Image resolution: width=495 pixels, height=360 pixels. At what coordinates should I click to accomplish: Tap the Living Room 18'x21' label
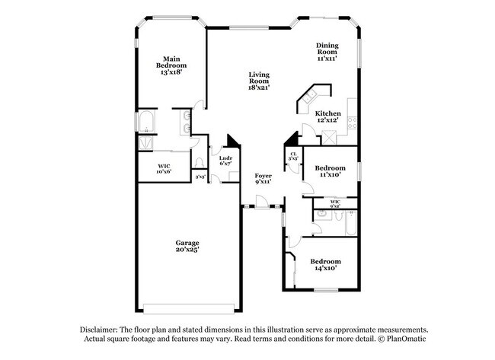(x=259, y=81)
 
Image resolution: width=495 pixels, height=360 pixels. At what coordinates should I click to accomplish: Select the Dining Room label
(x=327, y=51)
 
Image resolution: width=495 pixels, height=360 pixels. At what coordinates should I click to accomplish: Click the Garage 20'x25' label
(x=187, y=246)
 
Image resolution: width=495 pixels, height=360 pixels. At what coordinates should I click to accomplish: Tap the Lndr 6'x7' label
(x=225, y=160)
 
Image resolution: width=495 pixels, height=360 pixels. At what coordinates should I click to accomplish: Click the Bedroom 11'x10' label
(x=329, y=170)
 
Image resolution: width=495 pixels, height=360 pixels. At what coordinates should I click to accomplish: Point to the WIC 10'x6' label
(x=164, y=168)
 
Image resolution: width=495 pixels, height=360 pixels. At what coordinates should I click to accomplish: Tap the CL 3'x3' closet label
(x=293, y=157)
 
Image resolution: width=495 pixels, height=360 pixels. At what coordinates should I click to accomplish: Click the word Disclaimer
(x=102, y=329)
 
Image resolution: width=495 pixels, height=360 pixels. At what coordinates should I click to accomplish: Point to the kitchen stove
(x=353, y=121)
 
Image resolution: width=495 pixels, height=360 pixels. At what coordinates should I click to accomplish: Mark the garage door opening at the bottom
(x=191, y=309)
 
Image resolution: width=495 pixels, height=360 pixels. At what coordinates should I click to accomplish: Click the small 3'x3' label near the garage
(x=200, y=177)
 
